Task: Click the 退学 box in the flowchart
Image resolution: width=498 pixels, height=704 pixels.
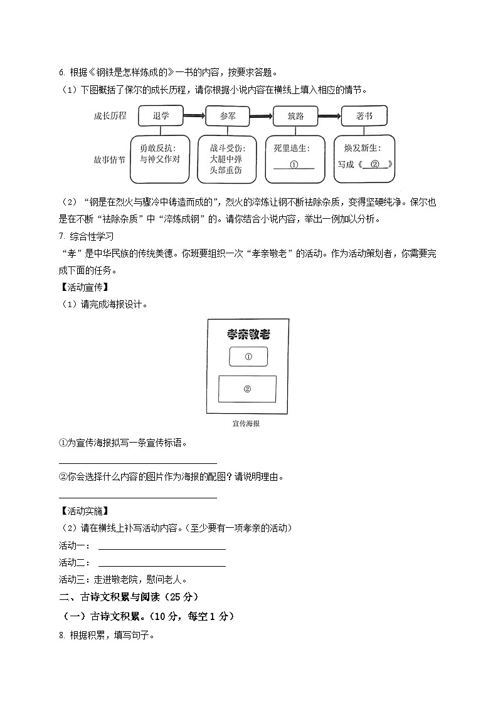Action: coord(160,116)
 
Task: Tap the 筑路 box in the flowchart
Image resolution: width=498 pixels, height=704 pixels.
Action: coord(295,116)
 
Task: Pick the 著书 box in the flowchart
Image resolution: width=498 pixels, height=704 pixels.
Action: coord(364,116)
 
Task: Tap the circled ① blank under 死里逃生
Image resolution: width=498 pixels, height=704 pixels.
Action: coord(294,165)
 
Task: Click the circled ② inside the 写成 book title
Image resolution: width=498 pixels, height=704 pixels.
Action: coord(374,165)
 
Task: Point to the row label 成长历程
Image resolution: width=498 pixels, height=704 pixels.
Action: coord(110,116)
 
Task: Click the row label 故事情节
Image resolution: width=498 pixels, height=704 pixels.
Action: coord(110,159)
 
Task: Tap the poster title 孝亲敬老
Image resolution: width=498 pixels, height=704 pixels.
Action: coord(248,334)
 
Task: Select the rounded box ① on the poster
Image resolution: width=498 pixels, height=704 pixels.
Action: coord(248,357)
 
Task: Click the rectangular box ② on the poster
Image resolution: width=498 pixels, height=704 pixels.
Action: coord(247,389)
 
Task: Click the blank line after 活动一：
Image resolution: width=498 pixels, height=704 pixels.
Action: coord(162,546)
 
